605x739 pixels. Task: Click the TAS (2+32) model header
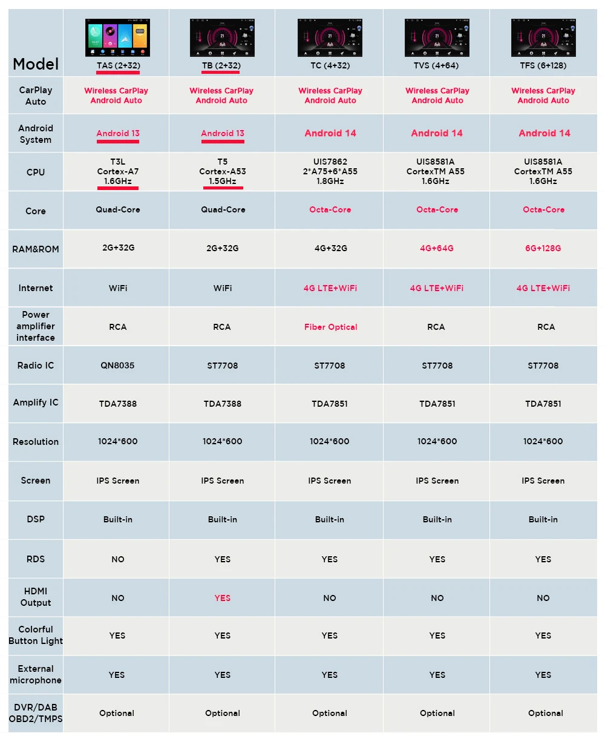click(117, 65)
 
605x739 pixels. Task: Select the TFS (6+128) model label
click(543, 65)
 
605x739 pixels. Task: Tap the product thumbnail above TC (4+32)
click(330, 38)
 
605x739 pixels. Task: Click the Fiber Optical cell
click(330, 327)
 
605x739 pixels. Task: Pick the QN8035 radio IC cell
click(117, 366)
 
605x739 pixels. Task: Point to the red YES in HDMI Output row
click(223, 598)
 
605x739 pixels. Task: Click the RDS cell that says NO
click(117, 559)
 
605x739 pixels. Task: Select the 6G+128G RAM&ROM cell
click(543, 248)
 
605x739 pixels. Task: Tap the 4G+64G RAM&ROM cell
click(437, 248)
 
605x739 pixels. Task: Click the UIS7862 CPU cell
click(330, 171)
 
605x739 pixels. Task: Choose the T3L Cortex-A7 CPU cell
click(117, 171)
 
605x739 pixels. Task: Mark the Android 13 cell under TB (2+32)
click(223, 133)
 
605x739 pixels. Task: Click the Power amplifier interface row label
click(36, 326)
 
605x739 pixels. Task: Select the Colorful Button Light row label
click(36, 636)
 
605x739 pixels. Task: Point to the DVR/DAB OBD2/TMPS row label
click(36, 713)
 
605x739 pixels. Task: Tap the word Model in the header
click(36, 64)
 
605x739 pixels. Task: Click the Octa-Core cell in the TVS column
click(437, 209)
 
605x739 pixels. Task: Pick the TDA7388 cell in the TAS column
click(117, 404)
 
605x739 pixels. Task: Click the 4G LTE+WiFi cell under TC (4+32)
click(330, 288)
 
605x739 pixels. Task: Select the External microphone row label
click(36, 674)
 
